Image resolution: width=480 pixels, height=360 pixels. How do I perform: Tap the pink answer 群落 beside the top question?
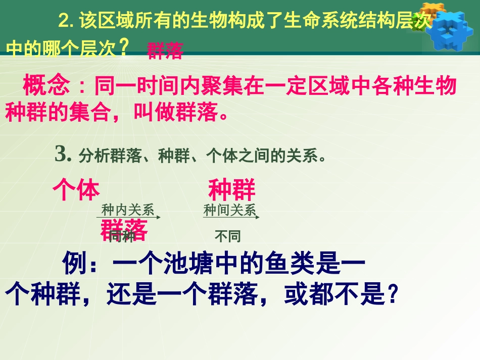click(165, 52)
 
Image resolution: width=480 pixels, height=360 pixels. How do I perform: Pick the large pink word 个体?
click(76, 190)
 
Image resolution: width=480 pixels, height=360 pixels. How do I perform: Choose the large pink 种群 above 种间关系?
click(232, 190)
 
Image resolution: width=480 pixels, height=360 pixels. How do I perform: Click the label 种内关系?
click(127, 210)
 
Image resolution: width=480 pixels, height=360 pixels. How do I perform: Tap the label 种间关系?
click(229, 210)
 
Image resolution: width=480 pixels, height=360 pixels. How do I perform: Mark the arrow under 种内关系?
click(129, 217)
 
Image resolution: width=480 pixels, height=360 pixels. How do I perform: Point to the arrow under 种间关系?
click(231, 217)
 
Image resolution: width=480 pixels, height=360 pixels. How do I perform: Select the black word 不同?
click(227, 236)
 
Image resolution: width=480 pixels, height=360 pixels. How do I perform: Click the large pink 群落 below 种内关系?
click(124, 230)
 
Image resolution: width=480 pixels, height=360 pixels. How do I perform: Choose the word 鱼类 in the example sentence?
click(284, 263)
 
